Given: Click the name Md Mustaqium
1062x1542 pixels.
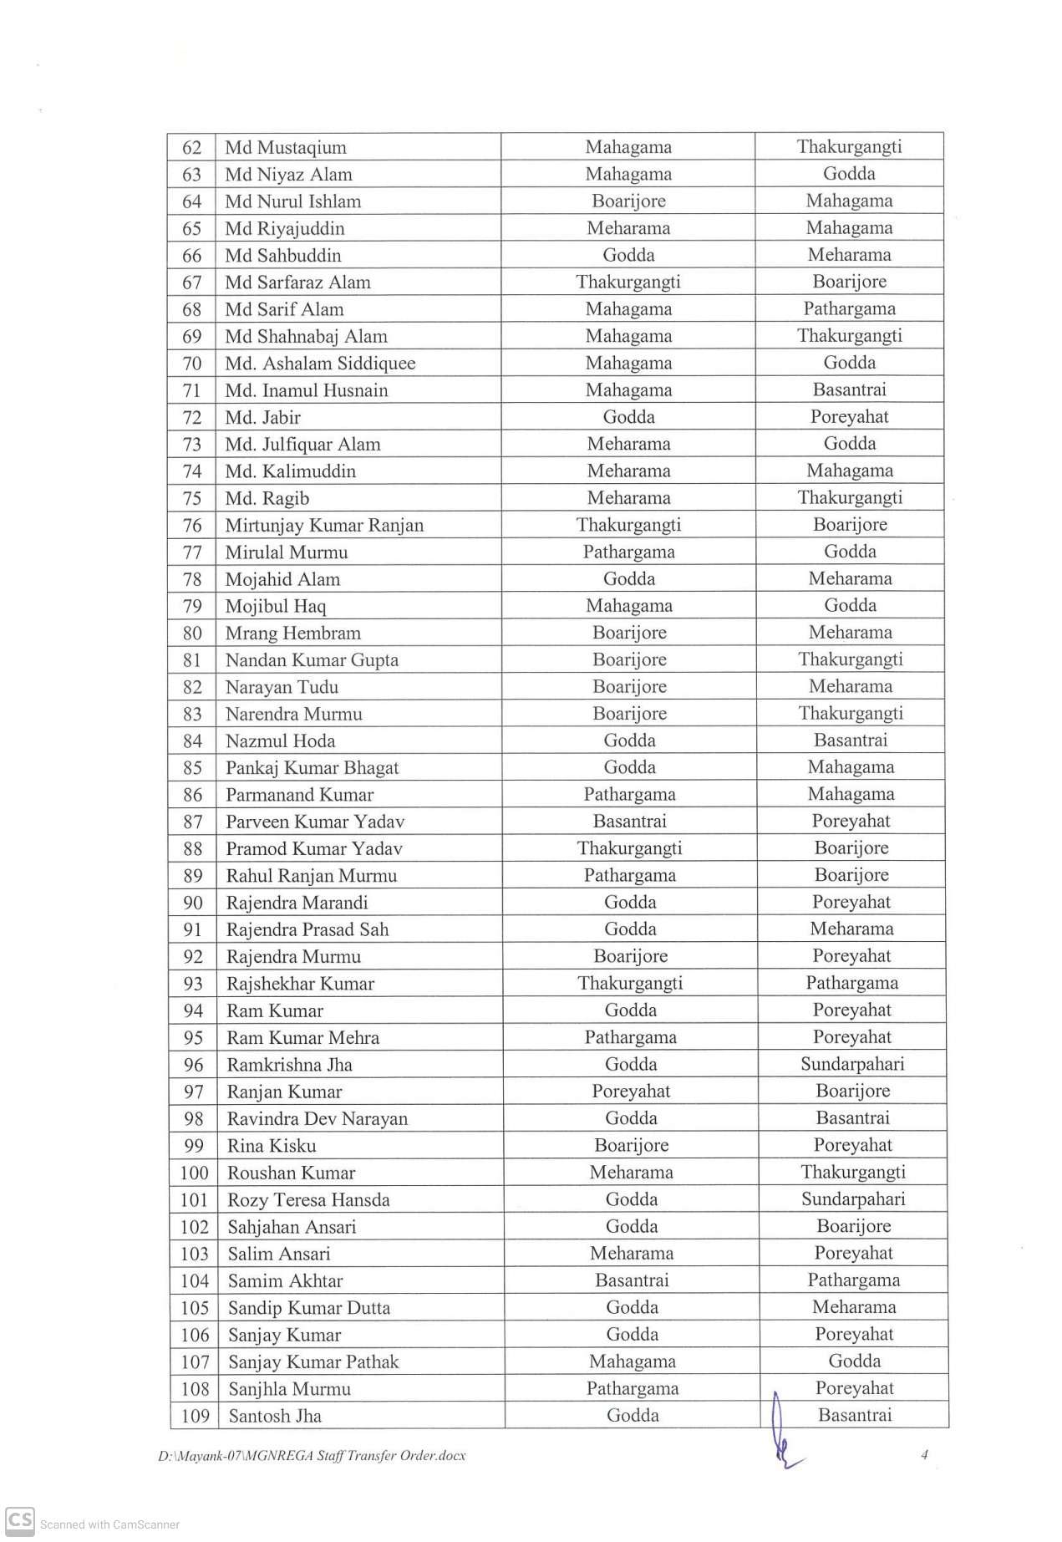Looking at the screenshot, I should click(286, 148).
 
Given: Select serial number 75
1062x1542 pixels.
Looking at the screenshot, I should click(192, 499).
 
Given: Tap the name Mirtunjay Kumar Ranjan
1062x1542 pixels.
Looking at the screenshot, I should click(324, 526).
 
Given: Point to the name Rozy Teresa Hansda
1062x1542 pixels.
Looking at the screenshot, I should click(308, 1200).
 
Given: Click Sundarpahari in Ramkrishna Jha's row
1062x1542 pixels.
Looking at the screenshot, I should click(852, 1064).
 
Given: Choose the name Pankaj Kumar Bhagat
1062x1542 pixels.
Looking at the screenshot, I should click(312, 768).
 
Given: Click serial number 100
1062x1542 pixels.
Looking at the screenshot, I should click(194, 1173).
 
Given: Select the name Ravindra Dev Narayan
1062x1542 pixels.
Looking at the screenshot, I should click(318, 1119).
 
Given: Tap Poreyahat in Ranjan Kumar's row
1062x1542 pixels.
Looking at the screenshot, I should click(631, 1092).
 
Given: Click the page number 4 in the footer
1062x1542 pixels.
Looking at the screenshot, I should click(924, 1455).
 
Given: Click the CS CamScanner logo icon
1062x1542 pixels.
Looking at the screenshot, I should click(20, 1519).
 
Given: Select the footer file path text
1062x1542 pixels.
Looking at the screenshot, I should click(312, 1456).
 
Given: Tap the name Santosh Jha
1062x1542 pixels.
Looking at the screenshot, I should click(275, 1417).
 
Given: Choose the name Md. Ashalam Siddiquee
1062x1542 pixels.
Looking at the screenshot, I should click(320, 364).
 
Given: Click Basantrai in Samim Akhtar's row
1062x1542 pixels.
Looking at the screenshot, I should click(632, 1280).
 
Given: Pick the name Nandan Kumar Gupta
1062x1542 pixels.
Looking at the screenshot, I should click(312, 660).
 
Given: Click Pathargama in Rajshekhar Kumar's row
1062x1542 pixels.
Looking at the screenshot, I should click(851, 983).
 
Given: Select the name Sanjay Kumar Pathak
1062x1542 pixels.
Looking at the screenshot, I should click(313, 1362).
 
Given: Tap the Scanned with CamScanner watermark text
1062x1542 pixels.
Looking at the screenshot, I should click(109, 1524).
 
